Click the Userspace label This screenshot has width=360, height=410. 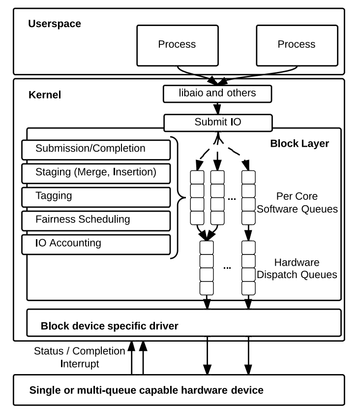55,23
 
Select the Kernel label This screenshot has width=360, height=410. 45,95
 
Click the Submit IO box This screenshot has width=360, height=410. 217,122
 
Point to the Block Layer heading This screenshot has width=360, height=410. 300,144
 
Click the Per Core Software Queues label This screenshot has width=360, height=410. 297,202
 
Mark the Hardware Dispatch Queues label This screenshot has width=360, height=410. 297,269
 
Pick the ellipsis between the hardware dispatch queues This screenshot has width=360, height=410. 227,267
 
